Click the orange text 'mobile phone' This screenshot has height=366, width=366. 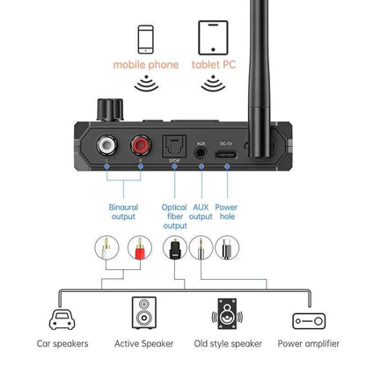point(145,65)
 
